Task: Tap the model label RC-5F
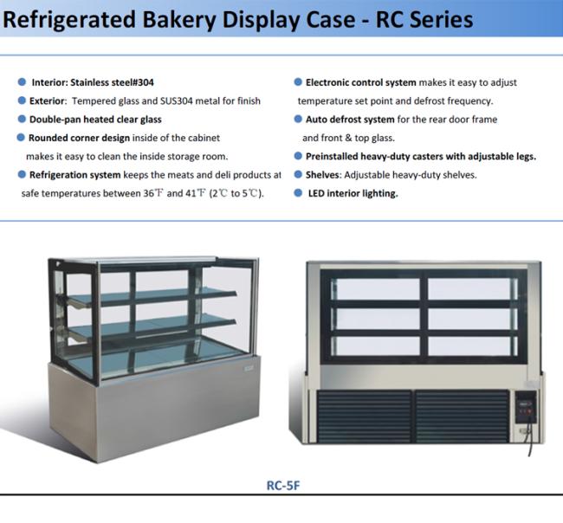coord(283,485)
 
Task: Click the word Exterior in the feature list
coord(48,100)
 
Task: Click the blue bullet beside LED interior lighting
coord(298,193)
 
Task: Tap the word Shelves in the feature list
coord(322,175)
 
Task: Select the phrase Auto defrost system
coord(350,119)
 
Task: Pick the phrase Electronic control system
coord(361,82)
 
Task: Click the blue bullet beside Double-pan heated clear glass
coord(22,119)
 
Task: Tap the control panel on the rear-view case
coord(526,407)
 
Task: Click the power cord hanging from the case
coord(529,439)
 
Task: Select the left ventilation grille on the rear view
coord(364,416)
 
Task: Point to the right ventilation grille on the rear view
coord(463,416)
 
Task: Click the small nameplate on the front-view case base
coord(249,368)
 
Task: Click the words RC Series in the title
coord(424,20)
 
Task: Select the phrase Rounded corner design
coord(79,138)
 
